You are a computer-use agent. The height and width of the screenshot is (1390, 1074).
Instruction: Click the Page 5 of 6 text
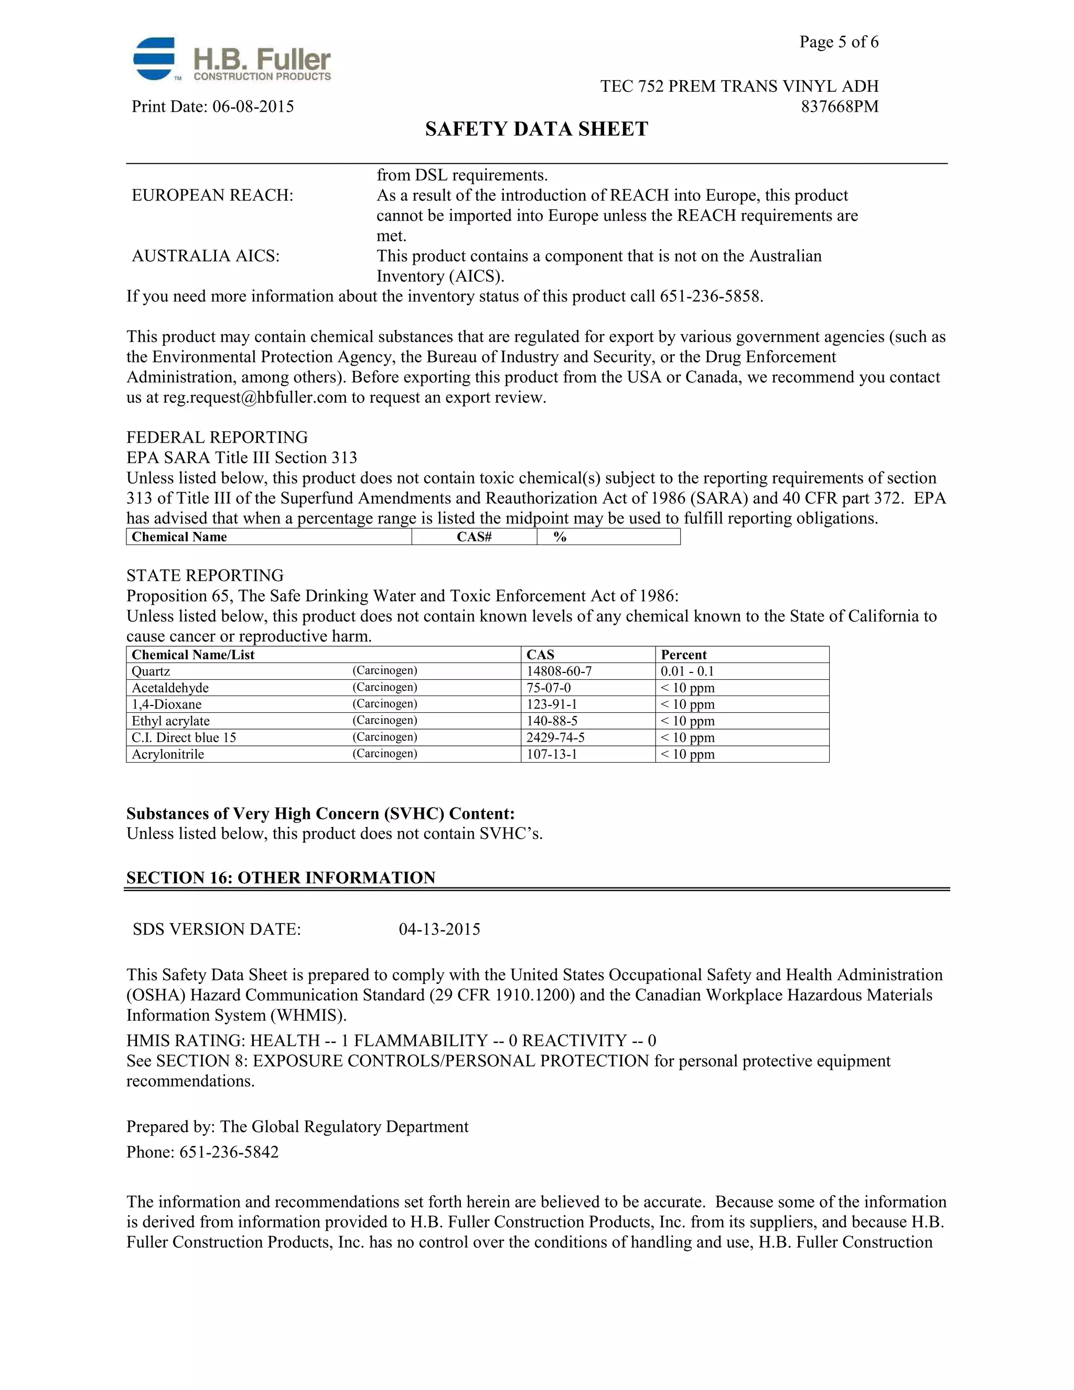pyautogui.click(x=839, y=42)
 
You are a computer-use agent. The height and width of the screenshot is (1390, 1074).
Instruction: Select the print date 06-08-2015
pyautogui.click(x=253, y=106)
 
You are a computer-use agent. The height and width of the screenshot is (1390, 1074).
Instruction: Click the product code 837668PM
pyautogui.click(x=839, y=106)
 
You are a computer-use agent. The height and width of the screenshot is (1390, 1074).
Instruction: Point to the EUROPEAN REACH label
pyautogui.click(x=212, y=196)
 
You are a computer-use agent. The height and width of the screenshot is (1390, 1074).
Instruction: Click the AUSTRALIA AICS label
pyautogui.click(x=206, y=256)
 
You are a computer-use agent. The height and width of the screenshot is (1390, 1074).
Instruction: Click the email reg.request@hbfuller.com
pyautogui.click(x=254, y=398)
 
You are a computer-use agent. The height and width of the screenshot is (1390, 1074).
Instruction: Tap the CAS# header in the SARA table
pyautogui.click(x=474, y=537)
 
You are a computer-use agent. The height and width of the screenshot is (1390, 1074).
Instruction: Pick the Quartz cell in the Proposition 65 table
pyautogui.click(x=151, y=671)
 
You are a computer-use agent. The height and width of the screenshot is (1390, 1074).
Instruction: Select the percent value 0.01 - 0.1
pyautogui.click(x=687, y=671)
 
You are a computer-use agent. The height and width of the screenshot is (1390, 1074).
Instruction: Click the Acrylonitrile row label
pyautogui.click(x=168, y=754)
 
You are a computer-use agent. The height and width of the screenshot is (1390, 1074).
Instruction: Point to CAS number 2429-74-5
pyautogui.click(x=555, y=737)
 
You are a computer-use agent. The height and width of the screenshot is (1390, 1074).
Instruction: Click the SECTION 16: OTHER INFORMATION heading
pyautogui.click(x=281, y=878)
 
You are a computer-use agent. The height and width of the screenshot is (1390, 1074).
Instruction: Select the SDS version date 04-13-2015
pyautogui.click(x=439, y=929)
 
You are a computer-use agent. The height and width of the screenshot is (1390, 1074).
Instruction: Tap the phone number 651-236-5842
pyautogui.click(x=229, y=1152)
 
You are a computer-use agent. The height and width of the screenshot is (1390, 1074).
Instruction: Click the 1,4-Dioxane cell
pyautogui.click(x=167, y=704)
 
